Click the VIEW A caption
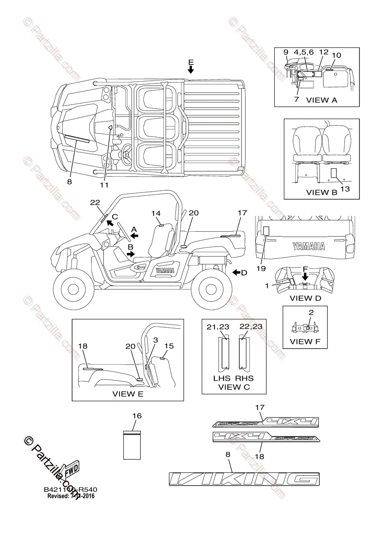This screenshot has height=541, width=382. coord(321,100)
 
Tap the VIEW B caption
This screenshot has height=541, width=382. coord(322,192)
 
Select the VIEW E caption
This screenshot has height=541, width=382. coord(127,394)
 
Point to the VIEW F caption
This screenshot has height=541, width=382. coord(308,341)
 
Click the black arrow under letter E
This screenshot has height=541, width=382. coord(191,69)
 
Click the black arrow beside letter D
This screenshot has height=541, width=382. coord(237,272)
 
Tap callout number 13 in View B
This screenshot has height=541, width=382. coord(345,189)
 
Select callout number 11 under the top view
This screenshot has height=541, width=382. coord(105,184)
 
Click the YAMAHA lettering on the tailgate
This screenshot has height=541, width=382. coord(308,246)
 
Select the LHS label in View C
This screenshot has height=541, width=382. coord(222,378)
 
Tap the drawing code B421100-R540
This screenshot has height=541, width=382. coord(71,490)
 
